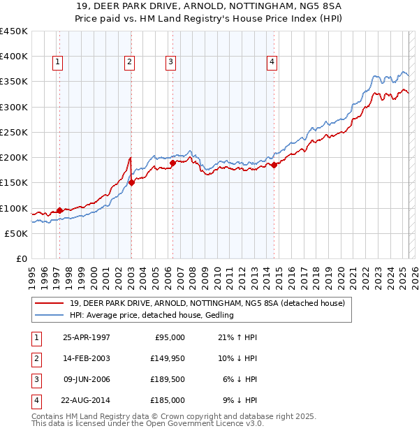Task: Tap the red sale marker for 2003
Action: click(x=131, y=183)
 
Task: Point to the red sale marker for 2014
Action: click(x=274, y=165)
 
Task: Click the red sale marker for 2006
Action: click(x=172, y=163)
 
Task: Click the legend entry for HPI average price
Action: click(x=152, y=316)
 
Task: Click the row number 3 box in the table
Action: click(x=35, y=379)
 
